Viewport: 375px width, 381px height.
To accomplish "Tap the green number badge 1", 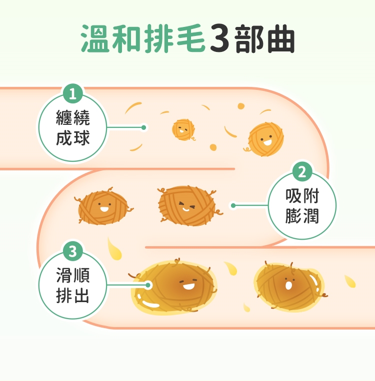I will pyautogui.click(x=73, y=93).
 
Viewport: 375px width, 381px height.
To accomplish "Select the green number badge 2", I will pyautogui.click(x=302, y=172).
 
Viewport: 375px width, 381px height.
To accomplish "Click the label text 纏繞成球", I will pyautogui.click(x=73, y=128).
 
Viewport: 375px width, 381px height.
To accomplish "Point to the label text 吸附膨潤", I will pyautogui.click(x=302, y=205).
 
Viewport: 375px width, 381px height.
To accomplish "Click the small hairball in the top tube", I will pyautogui.click(x=183, y=130).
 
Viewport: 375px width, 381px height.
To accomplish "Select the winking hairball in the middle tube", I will pyautogui.click(x=187, y=205).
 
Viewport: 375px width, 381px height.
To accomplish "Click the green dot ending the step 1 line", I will pyautogui.click(x=143, y=127).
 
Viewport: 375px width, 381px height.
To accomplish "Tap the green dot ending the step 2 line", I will pyautogui.click(x=232, y=205).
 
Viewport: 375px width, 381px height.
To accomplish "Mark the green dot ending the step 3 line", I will pyautogui.click(x=148, y=285).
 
